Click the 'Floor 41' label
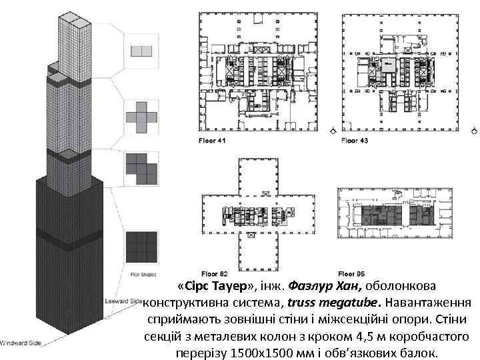[213, 141]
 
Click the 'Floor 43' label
[355, 141]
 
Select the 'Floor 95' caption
[351, 273]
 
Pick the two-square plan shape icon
[141, 50]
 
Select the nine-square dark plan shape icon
[141, 245]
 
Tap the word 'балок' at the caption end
[417, 352]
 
